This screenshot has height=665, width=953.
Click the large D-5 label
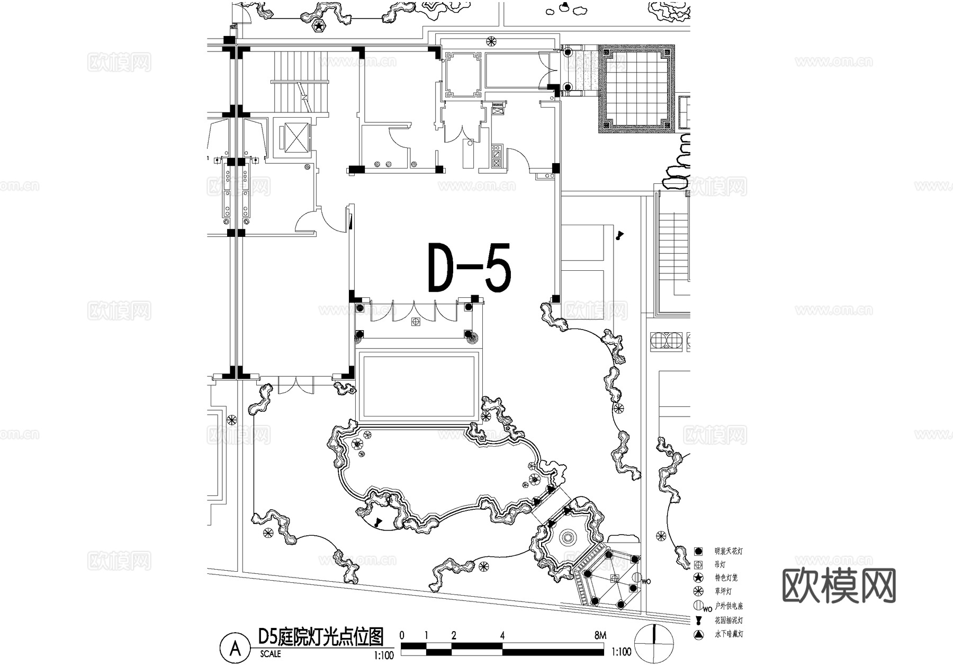[x=469, y=268]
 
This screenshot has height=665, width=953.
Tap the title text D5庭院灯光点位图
[x=320, y=636]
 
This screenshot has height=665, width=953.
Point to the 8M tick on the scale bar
[x=600, y=635]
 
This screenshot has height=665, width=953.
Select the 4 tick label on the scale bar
[x=502, y=635]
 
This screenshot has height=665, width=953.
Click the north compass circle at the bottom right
[x=655, y=643]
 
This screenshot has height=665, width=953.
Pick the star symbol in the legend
[x=698, y=578]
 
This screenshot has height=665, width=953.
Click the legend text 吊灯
[x=720, y=565]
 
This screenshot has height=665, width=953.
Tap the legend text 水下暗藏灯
[x=729, y=634]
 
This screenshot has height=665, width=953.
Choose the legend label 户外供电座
[x=729, y=606]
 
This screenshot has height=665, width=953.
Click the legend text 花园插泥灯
[x=729, y=620]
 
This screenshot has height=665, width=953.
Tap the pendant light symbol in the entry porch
[x=416, y=322]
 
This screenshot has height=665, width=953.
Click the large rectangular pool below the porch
[x=419, y=386]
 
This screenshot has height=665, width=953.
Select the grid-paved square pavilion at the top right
[x=637, y=88]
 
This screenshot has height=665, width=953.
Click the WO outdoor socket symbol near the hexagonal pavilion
[x=637, y=579]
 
